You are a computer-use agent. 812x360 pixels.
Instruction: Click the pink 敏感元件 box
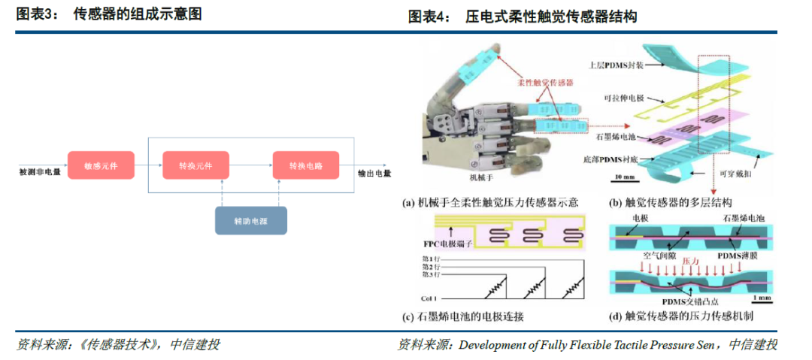pos(95,165)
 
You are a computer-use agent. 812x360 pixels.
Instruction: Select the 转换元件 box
pos(195,165)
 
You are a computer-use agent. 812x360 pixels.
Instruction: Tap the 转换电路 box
pos(305,165)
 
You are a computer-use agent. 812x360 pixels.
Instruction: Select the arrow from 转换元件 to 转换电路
pos(249,165)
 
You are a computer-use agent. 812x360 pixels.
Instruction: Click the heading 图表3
pos(37,15)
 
